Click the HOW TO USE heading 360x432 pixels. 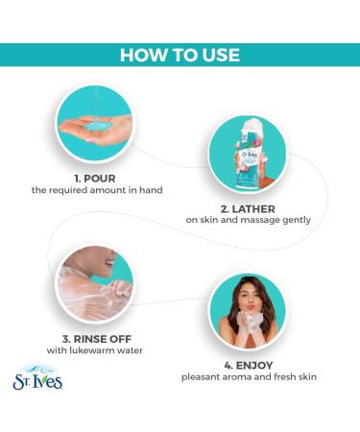coord(180,55)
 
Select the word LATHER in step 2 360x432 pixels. coord(253,209)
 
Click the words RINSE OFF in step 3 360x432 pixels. coord(103,339)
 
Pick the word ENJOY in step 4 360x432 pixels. coord(254,365)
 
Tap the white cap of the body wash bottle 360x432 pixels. coord(252,126)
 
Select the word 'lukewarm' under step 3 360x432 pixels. coord(95,350)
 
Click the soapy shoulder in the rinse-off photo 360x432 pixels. coord(84,295)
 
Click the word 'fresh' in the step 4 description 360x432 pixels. coord(285,376)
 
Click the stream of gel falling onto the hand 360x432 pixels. coord(96,104)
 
